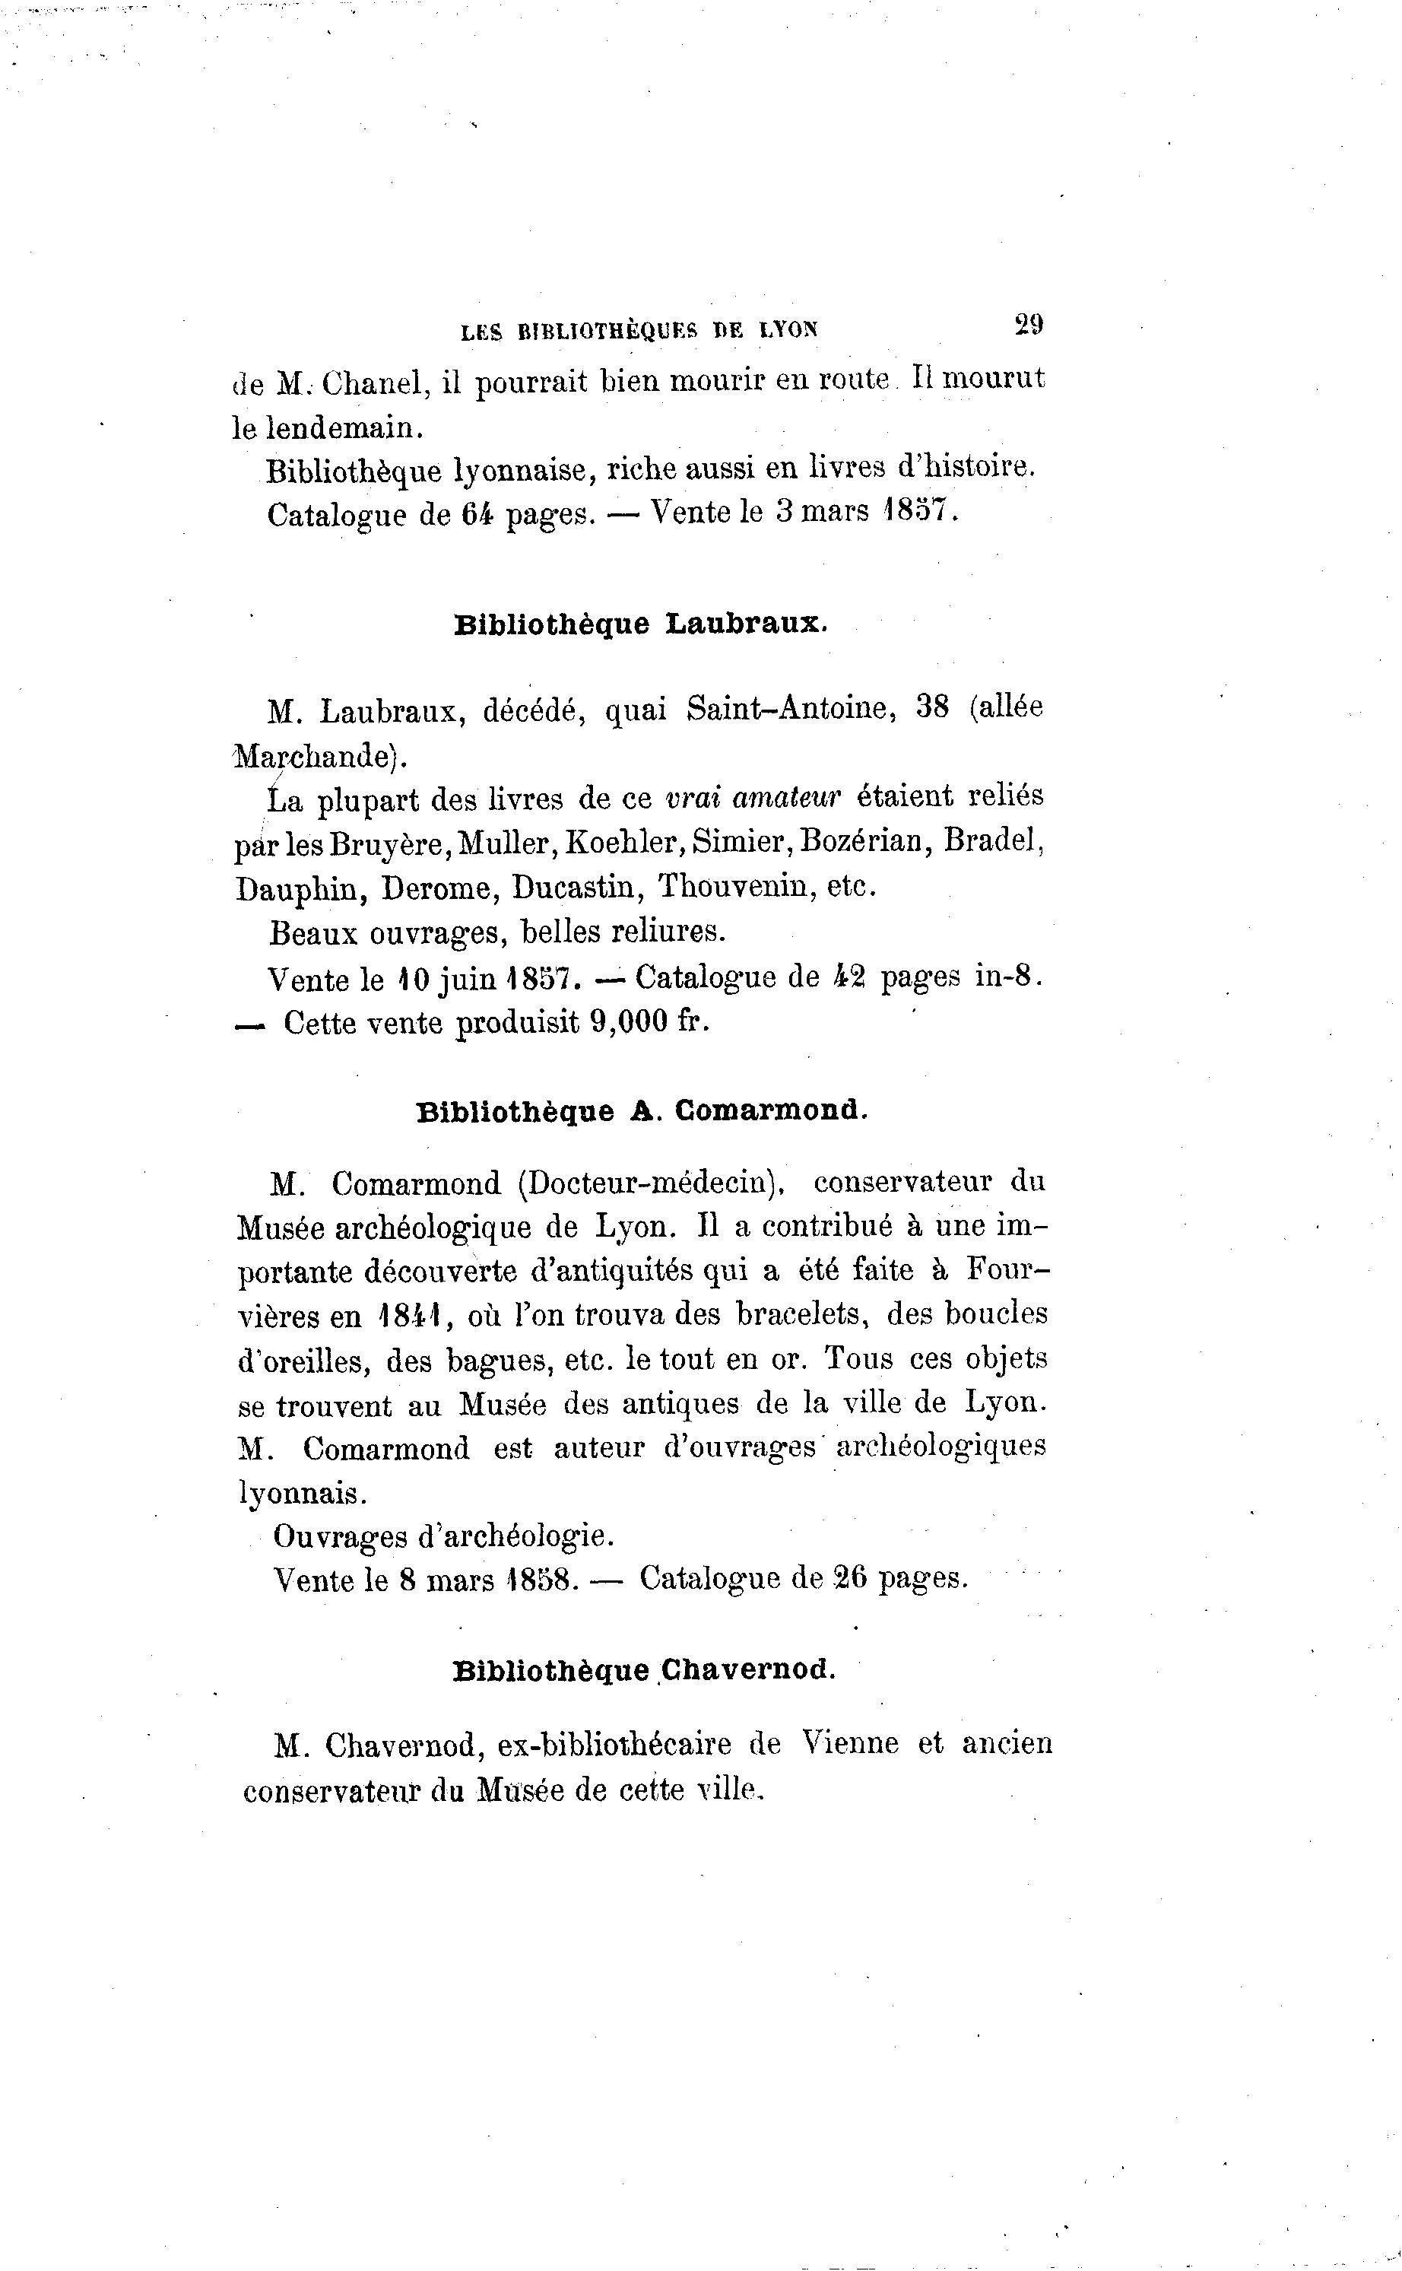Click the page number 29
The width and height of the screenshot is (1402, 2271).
click(1029, 325)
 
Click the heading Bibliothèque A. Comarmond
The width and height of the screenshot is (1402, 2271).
click(642, 1111)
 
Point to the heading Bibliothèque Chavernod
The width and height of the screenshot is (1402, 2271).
click(643, 1670)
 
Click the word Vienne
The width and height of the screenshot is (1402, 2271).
click(850, 1743)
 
